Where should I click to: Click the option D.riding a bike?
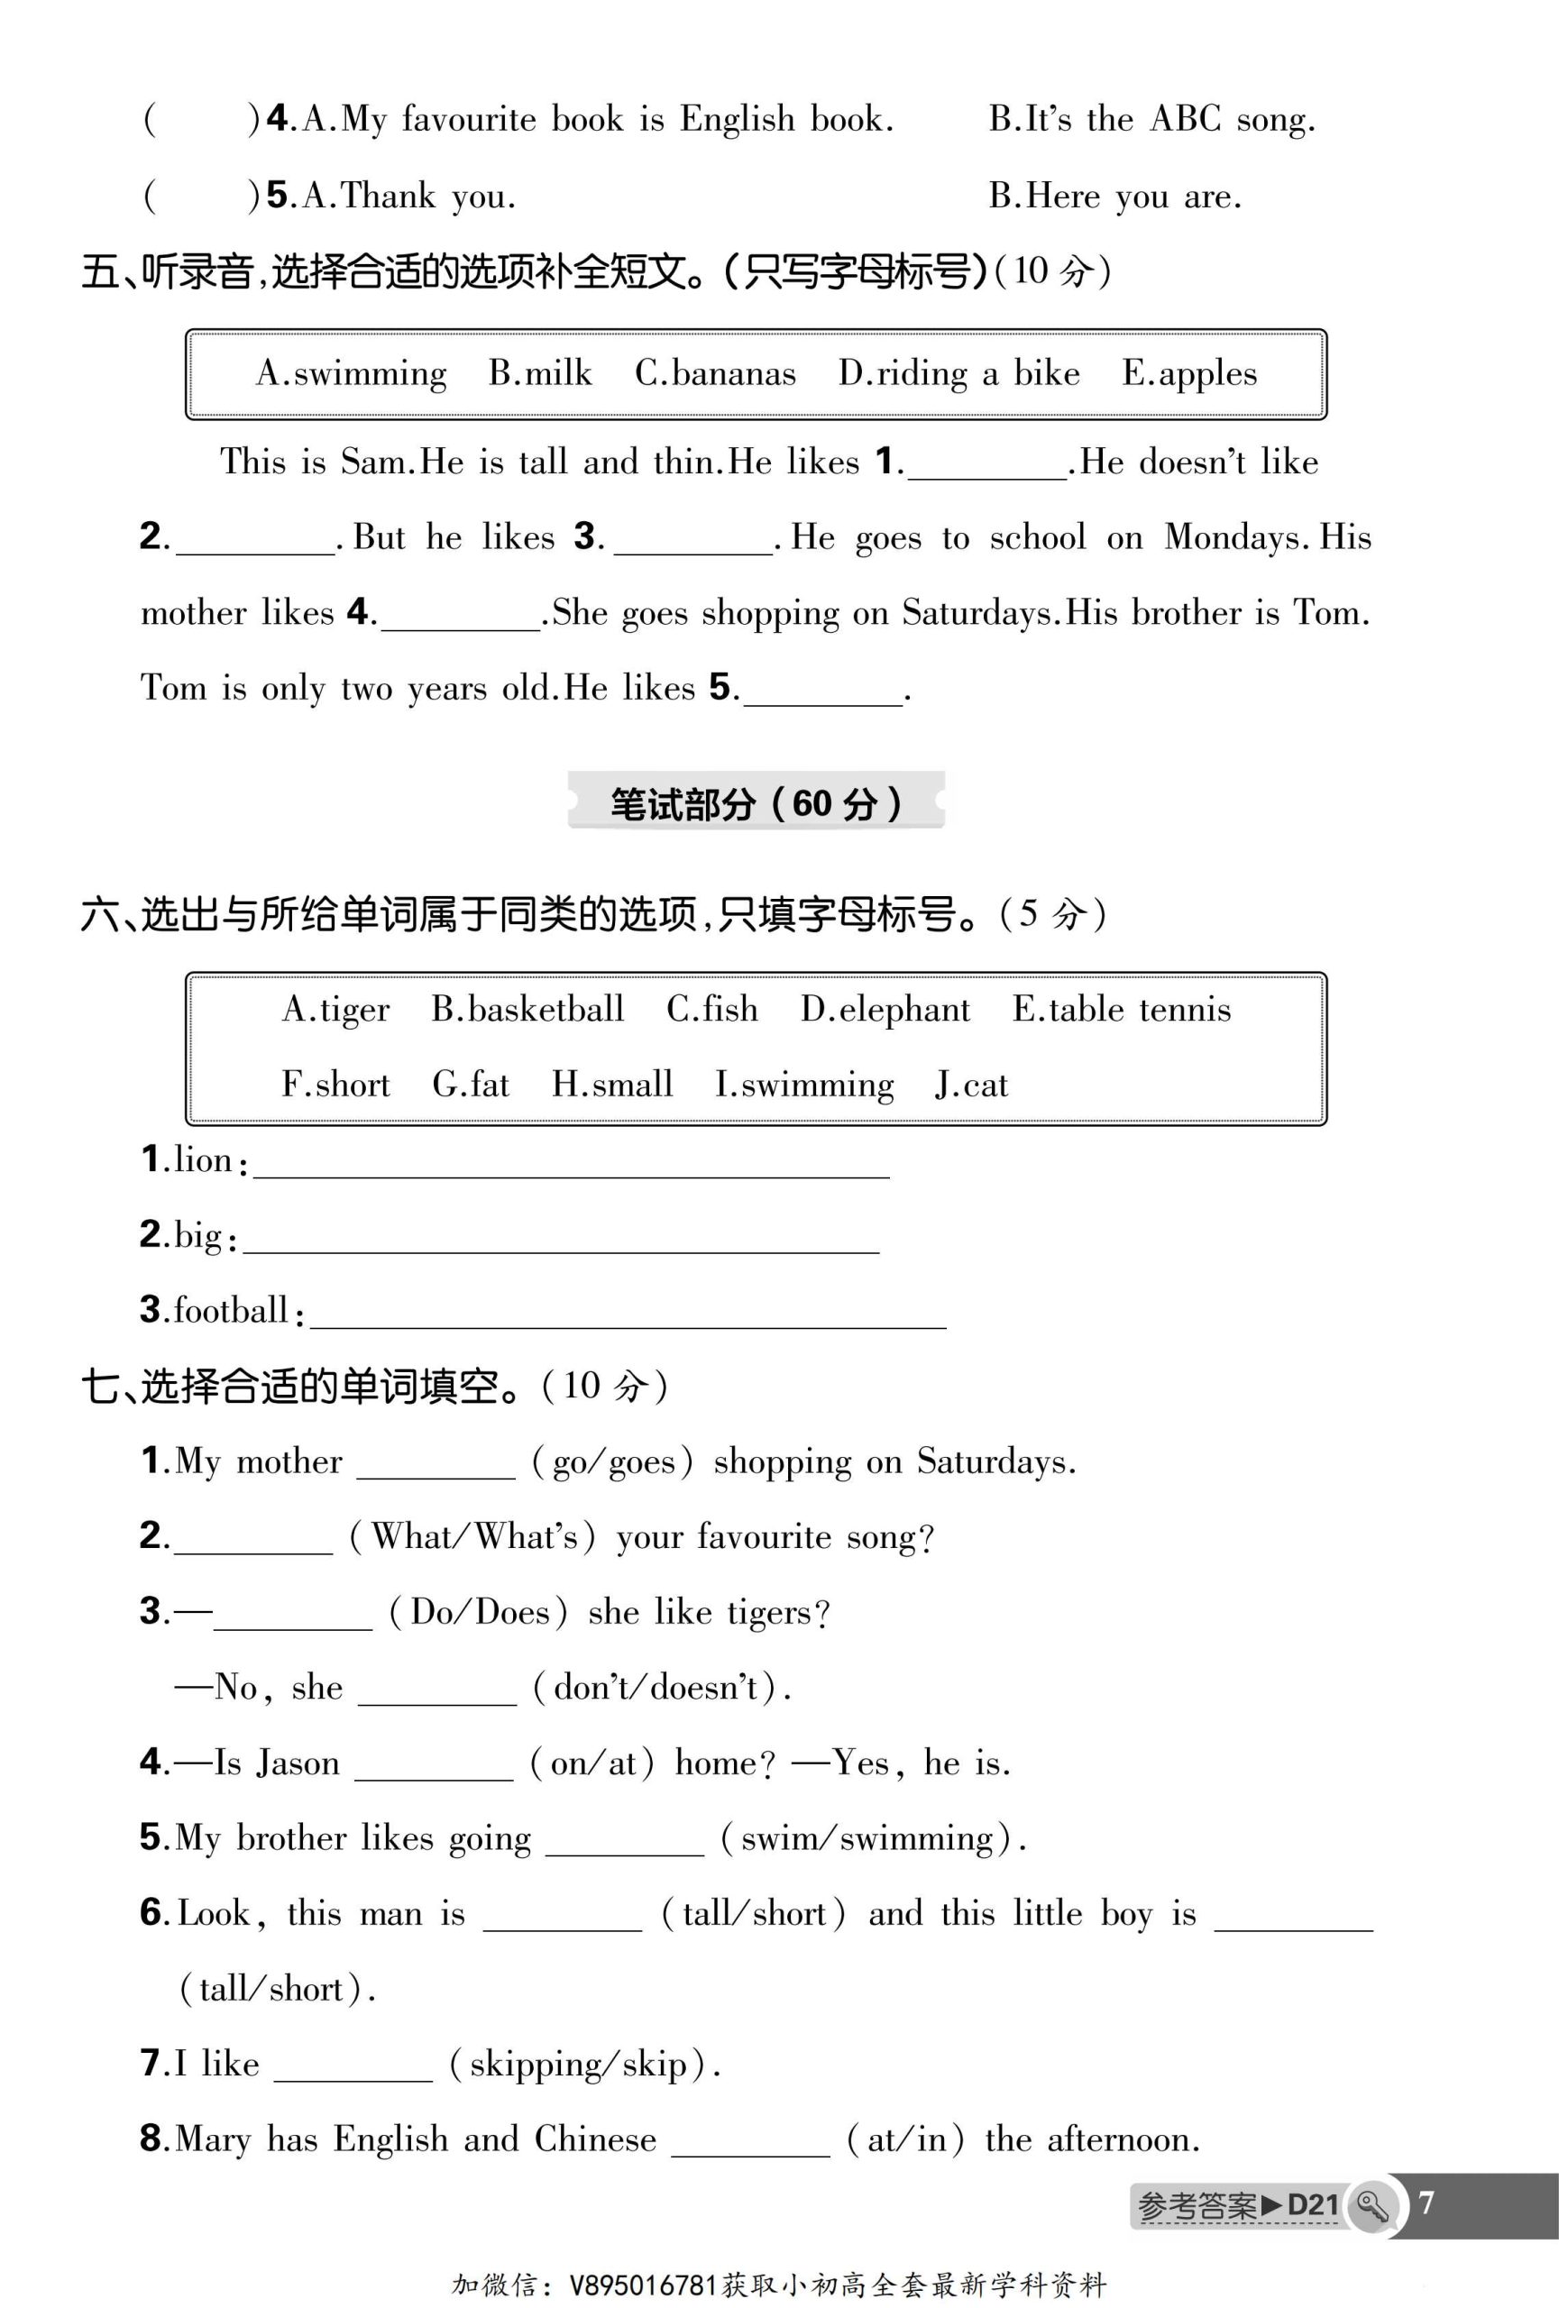click(958, 373)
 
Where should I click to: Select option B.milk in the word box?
click(539, 373)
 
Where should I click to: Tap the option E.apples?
click(1188, 373)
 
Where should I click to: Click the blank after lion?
click(571, 1164)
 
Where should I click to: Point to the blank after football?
click(628, 1314)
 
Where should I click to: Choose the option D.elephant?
click(885, 1010)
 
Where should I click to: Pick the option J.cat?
click(971, 1085)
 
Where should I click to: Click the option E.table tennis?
click(1121, 1010)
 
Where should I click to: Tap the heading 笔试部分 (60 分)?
click(756, 803)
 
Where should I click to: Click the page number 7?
click(1426, 2203)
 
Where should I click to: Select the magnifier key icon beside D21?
click(1372, 2206)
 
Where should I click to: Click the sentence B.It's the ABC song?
click(1151, 120)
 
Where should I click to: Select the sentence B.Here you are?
click(1114, 197)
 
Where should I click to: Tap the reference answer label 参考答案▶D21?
click(1237, 2206)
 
